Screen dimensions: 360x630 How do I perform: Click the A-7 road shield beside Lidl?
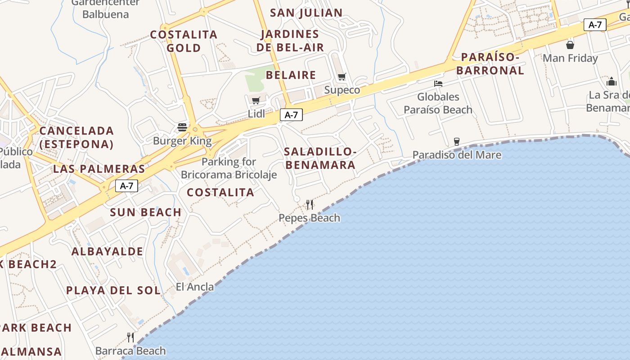click(x=291, y=115)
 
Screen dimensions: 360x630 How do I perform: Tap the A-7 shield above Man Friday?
click(x=595, y=25)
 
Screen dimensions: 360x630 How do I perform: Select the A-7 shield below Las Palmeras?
click(x=126, y=185)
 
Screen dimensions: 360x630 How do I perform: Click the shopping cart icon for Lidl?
click(x=256, y=100)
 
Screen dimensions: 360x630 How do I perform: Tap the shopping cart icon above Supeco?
click(x=342, y=76)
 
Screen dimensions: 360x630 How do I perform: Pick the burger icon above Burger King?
click(x=182, y=127)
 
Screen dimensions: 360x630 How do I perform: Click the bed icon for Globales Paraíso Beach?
click(x=438, y=83)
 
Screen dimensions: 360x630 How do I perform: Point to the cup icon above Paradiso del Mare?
click(x=457, y=141)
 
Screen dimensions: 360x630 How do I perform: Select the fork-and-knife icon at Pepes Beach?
click(x=310, y=205)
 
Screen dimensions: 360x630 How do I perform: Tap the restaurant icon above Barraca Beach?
click(x=130, y=337)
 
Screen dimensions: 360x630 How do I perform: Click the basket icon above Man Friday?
click(x=570, y=45)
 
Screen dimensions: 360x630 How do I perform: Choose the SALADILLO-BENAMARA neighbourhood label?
click(x=320, y=158)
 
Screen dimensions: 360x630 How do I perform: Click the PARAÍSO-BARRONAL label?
click(x=490, y=64)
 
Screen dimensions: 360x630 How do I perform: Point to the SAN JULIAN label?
click(x=306, y=13)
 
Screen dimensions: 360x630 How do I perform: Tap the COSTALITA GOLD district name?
click(x=184, y=41)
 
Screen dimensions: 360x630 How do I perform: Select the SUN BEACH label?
click(x=146, y=212)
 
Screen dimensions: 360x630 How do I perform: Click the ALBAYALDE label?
click(x=107, y=251)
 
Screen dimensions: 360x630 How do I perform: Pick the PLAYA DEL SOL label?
click(x=113, y=290)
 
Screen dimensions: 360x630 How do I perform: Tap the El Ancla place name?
click(x=195, y=287)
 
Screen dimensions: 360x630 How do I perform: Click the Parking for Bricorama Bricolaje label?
click(x=229, y=168)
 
